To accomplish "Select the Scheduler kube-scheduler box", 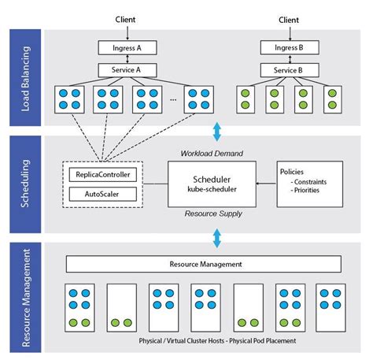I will coord(212,183).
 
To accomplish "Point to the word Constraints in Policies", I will coord(312,183).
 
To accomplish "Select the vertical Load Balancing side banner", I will coord(24,76).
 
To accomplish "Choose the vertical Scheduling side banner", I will coord(24,184).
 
